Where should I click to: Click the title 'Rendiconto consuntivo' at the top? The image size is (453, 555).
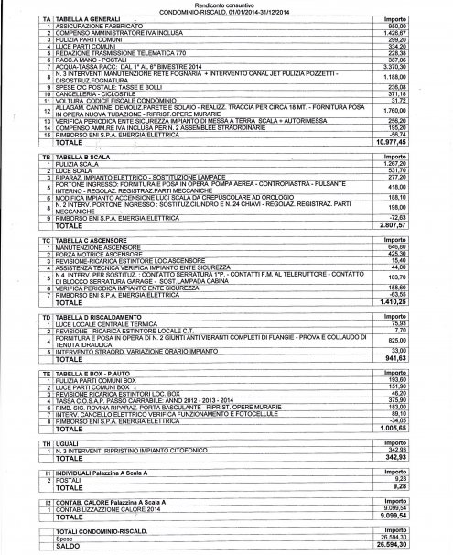(225, 5)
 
